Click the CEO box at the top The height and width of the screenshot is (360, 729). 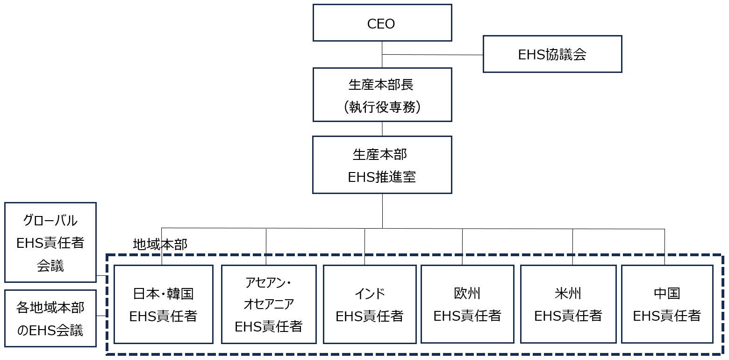tap(382, 22)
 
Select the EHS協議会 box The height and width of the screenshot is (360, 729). tap(552, 54)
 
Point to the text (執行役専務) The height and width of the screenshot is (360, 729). tap(382, 107)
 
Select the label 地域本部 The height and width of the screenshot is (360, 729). tap(160, 245)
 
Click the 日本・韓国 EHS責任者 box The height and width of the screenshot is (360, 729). tap(163, 304)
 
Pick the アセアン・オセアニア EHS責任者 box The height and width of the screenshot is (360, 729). tap(268, 304)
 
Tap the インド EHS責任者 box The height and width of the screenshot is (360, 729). tap(369, 304)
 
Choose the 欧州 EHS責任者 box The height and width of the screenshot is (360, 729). tap(467, 304)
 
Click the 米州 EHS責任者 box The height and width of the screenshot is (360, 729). tap(568, 304)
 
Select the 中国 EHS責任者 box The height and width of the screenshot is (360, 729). tap(666, 304)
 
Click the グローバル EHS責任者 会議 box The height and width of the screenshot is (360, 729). tap(50, 242)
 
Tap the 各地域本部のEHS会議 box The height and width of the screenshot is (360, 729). tap(50, 318)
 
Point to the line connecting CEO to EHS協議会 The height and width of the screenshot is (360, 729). tap(432, 55)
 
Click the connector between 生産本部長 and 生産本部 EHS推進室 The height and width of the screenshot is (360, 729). tap(382, 129)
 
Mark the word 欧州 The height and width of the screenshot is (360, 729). tap(467, 294)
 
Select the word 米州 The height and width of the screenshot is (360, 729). tap(568, 294)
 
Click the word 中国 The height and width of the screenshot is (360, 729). tap(666, 294)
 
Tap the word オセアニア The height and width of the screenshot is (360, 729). tap(268, 304)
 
